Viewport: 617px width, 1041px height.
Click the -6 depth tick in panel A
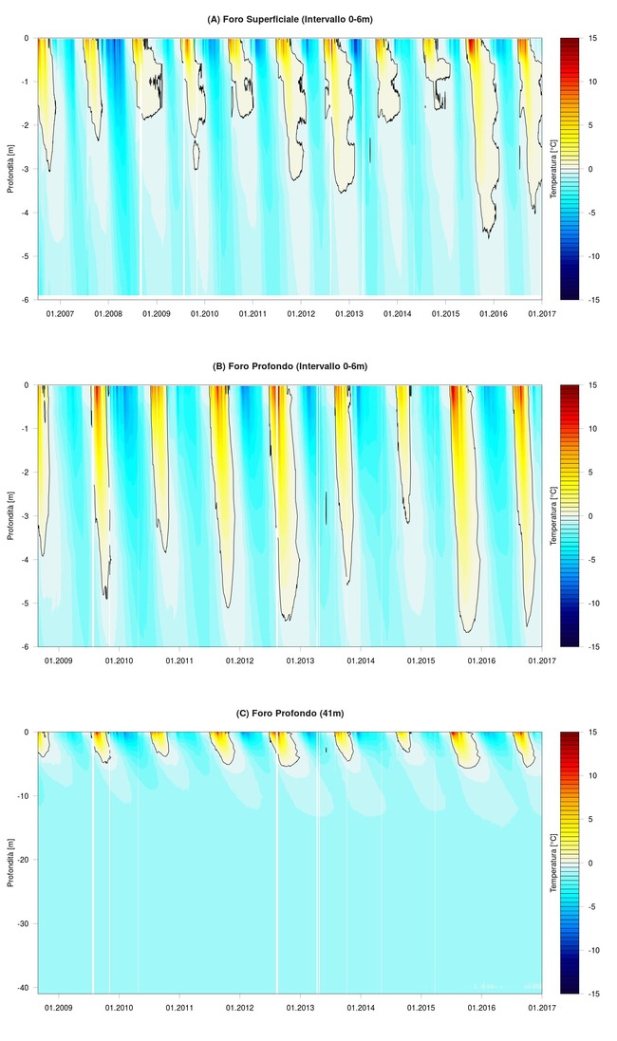tap(28, 300)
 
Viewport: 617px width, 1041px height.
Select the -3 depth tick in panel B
tap(28, 516)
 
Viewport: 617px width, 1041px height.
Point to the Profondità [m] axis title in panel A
tap(9, 168)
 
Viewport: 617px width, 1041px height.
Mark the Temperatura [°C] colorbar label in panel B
tap(553, 515)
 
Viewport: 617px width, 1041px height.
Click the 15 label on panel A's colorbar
tap(590, 38)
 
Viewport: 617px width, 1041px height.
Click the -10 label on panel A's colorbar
tap(590, 256)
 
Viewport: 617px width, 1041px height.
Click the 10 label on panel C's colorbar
tap(590, 775)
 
